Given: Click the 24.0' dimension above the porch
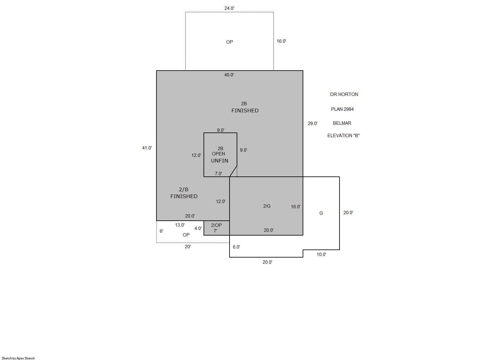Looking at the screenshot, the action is (x=229, y=8).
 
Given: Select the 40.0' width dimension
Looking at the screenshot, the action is (x=229, y=75).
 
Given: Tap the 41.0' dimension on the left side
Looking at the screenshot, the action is (x=147, y=148).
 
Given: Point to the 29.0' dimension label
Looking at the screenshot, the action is (x=313, y=124).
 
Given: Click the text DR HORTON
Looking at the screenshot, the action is (x=344, y=94).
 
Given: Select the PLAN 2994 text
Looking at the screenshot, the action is (x=342, y=109).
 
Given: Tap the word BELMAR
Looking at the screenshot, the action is (x=342, y=123).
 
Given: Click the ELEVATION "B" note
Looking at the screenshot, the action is (x=344, y=136).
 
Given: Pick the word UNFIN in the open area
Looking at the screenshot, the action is (x=220, y=161).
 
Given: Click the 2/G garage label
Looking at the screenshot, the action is (x=267, y=206).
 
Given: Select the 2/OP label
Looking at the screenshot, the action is (x=216, y=225).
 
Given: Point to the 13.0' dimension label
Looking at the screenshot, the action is (x=180, y=225).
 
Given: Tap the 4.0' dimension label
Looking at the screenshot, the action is (x=198, y=228).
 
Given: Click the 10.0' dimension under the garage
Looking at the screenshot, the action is (x=321, y=254).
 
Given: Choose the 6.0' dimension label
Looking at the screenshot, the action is (x=236, y=247).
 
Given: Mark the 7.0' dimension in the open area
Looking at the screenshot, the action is (x=218, y=174).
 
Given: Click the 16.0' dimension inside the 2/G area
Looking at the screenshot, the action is (x=296, y=207).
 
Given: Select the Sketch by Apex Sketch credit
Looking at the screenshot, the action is (x=18, y=358).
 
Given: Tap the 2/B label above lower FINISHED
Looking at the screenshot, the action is (x=184, y=190).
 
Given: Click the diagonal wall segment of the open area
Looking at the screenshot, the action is (x=233, y=171).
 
